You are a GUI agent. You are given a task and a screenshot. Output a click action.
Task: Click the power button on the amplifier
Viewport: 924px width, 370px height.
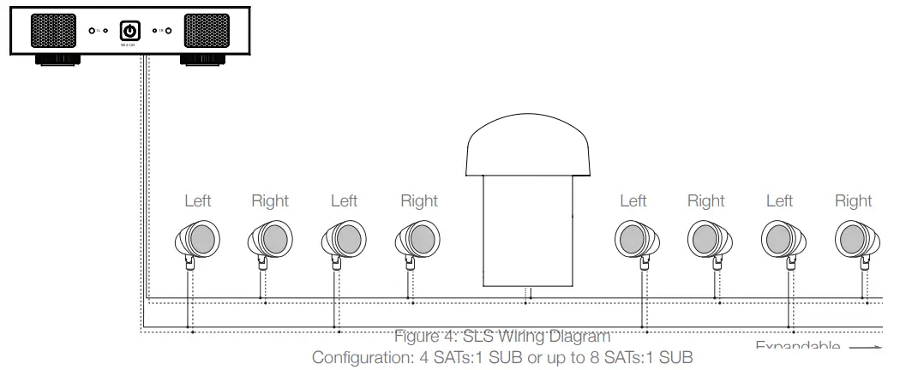pos(129,31)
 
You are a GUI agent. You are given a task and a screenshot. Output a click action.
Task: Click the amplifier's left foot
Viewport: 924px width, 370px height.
pos(57,60)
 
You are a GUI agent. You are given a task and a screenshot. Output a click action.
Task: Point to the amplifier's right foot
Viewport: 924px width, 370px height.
pos(202,60)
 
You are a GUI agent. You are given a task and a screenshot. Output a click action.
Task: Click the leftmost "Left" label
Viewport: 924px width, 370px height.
pos(198,201)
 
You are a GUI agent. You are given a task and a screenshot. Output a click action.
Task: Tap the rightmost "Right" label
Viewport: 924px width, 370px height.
pos(853,201)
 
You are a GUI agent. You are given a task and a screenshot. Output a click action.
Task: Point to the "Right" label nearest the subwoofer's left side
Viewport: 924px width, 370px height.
pos(419,201)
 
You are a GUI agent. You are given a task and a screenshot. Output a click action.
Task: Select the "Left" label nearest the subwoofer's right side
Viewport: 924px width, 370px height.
pos(633,201)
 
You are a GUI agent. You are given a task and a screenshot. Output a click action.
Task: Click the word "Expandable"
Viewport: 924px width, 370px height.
pos(797,347)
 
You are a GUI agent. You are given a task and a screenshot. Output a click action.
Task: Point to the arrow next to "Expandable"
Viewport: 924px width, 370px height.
pos(866,348)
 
